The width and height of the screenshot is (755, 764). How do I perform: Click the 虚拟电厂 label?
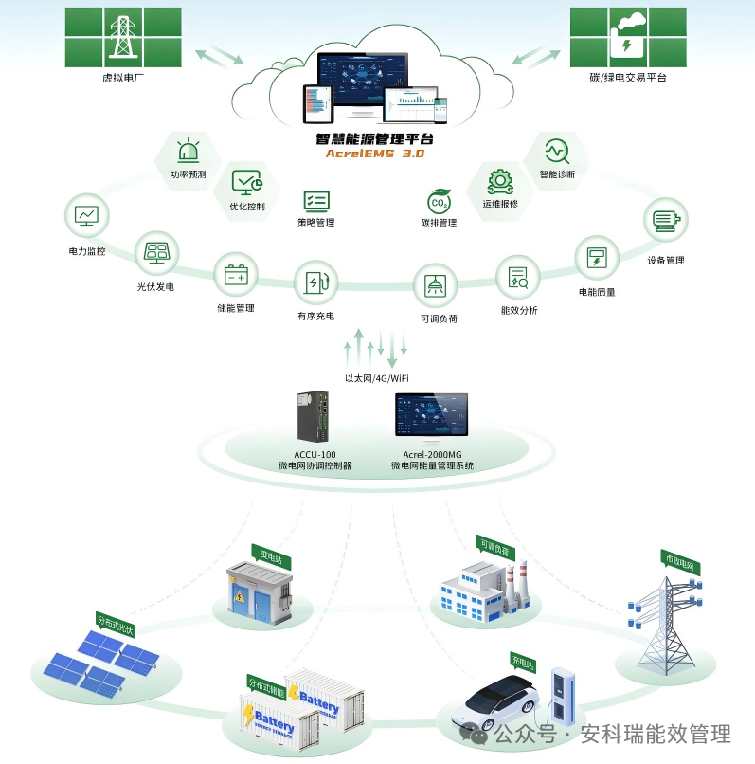pyautogui.click(x=122, y=78)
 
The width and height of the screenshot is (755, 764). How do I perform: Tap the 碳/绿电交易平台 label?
pyautogui.click(x=627, y=78)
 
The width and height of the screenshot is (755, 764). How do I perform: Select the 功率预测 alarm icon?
pyautogui.click(x=189, y=151)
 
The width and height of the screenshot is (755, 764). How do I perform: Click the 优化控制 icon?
pyautogui.click(x=247, y=181)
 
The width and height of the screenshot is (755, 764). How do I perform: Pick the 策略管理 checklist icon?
pyautogui.click(x=315, y=200)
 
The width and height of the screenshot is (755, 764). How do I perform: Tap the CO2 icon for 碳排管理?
pyautogui.click(x=439, y=202)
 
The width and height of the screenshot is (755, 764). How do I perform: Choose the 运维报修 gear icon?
pyautogui.click(x=499, y=180)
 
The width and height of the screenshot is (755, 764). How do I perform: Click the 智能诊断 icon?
pyautogui.click(x=556, y=150)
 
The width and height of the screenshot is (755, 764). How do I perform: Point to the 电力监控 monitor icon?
pyautogui.click(x=86, y=215)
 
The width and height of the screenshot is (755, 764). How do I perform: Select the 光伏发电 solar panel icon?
pyautogui.click(x=155, y=253)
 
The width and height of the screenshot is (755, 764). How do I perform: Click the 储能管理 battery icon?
pyautogui.click(x=235, y=276)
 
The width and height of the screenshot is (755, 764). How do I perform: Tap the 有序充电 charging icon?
pyautogui.click(x=315, y=282)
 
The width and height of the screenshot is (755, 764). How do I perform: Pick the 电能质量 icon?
pyautogui.click(x=597, y=257)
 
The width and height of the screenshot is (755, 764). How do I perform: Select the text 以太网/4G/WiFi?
pyautogui.click(x=376, y=378)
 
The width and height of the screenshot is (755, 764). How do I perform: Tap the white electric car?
pyautogui.click(x=500, y=701)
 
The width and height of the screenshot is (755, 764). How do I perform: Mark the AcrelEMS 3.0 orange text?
pyautogui.click(x=375, y=153)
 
